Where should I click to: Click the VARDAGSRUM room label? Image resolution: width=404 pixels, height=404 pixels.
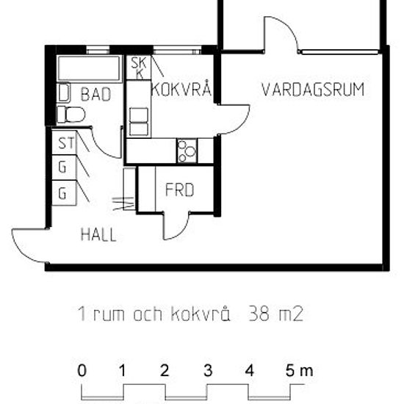click(314, 90)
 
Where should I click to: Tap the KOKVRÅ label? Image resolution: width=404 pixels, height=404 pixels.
click(181, 90)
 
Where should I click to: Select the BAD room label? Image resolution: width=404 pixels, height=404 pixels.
click(96, 94)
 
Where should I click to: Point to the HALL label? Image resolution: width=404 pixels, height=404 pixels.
click(98, 235)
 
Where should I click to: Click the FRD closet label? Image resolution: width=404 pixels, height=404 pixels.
click(179, 190)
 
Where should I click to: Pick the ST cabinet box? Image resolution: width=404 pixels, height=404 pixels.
click(63, 142)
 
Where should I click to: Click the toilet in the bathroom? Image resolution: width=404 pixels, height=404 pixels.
click(71, 115)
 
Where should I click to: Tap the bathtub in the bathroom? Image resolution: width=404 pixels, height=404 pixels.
click(88, 70)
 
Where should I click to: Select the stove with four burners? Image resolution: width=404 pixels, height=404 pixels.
click(187, 151)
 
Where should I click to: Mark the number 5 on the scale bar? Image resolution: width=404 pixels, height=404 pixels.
click(291, 371)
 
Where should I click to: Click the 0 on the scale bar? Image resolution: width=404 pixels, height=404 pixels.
click(82, 371)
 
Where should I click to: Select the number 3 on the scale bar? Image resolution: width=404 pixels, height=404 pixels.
click(208, 371)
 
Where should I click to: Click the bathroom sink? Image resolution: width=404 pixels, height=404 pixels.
click(62, 93)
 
